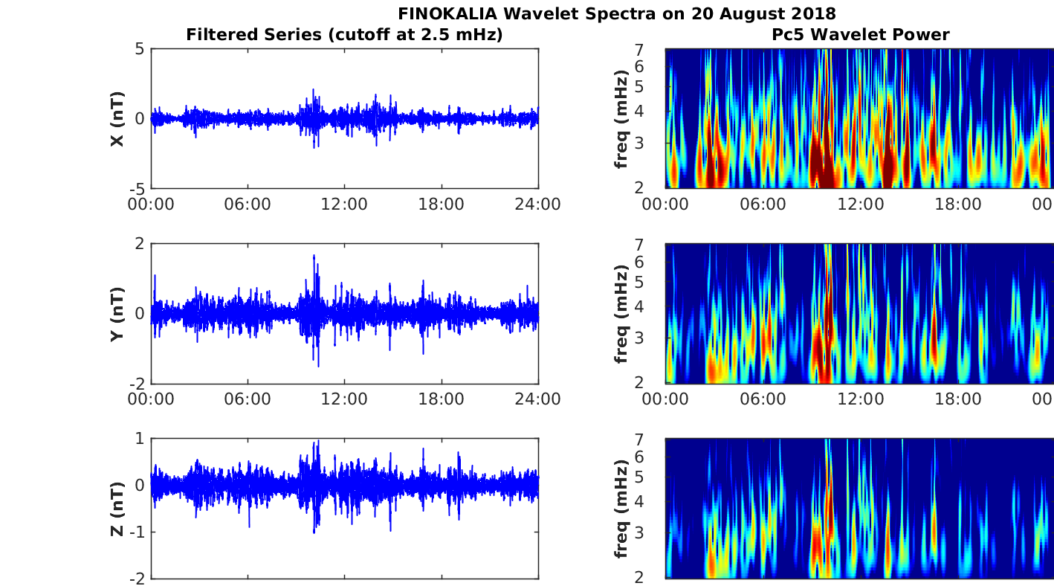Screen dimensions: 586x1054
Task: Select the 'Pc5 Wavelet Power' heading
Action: pyautogui.click(x=860, y=35)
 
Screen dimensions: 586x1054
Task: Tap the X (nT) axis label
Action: pyautogui.click(x=117, y=119)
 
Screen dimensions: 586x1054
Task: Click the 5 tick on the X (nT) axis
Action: pyautogui.click(x=138, y=50)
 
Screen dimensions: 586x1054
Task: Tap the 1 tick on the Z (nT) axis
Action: pyautogui.click(x=138, y=439)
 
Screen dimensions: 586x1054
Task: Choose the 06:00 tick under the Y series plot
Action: pyautogui.click(x=248, y=399)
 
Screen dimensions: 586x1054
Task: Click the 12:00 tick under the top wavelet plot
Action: pyautogui.click(x=860, y=205)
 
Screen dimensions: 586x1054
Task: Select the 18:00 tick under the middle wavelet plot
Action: pyautogui.click(x=957, y=399)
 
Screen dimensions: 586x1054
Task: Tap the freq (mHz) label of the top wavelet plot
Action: pyautogui.click(x=622, y=119)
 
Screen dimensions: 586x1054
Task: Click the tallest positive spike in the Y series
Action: pyautogui.click(x=314, y=257)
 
